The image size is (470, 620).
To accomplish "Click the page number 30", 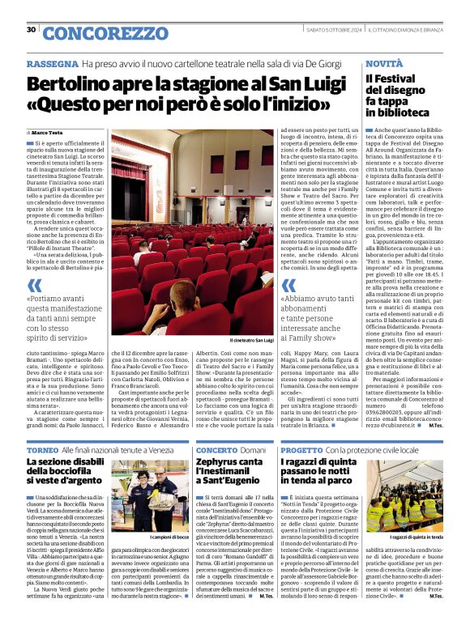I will click(32, 31).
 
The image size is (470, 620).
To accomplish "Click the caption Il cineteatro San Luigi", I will click(252, 341).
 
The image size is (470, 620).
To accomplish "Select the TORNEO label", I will click(42, 449).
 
